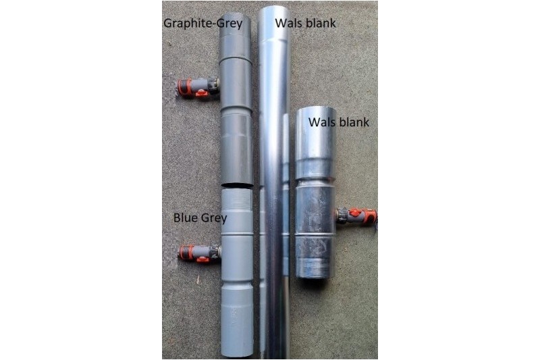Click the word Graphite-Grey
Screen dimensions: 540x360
coord(203,24)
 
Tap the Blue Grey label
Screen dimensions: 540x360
coord(200,217)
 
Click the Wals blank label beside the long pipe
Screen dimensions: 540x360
coord(305,23)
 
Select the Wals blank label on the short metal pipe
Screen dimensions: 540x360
coord(339,122)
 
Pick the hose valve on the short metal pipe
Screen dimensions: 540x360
coord(356,216)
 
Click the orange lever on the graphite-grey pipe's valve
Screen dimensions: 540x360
coord(200,92)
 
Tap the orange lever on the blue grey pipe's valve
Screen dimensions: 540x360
coord(202,259)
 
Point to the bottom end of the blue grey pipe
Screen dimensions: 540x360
coord(238,354)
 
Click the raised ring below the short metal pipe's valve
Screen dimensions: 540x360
coord(315,234)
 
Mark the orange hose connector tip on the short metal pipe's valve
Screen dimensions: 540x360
coord(371,215)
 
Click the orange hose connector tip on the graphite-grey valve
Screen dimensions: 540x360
coord(182,86)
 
